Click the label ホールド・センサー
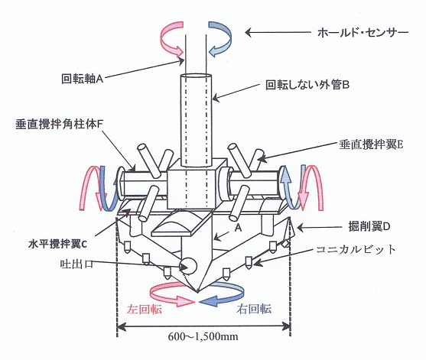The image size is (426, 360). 363,34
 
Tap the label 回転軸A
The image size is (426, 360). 83,79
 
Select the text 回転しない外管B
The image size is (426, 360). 307,86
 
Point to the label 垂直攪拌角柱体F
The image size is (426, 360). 58,125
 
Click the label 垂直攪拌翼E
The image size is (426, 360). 371,144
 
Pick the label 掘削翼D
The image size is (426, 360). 369,226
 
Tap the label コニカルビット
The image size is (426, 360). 356,249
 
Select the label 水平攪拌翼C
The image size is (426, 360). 57,244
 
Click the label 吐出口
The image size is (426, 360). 76,264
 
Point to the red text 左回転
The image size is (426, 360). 145,309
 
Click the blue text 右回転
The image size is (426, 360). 254,309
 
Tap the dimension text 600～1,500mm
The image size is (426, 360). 203,336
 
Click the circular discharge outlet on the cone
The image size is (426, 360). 188,266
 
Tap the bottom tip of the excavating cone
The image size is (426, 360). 198,292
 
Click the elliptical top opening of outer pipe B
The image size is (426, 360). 196,76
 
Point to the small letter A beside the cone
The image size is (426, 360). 238,228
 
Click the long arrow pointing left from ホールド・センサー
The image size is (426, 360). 278,33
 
